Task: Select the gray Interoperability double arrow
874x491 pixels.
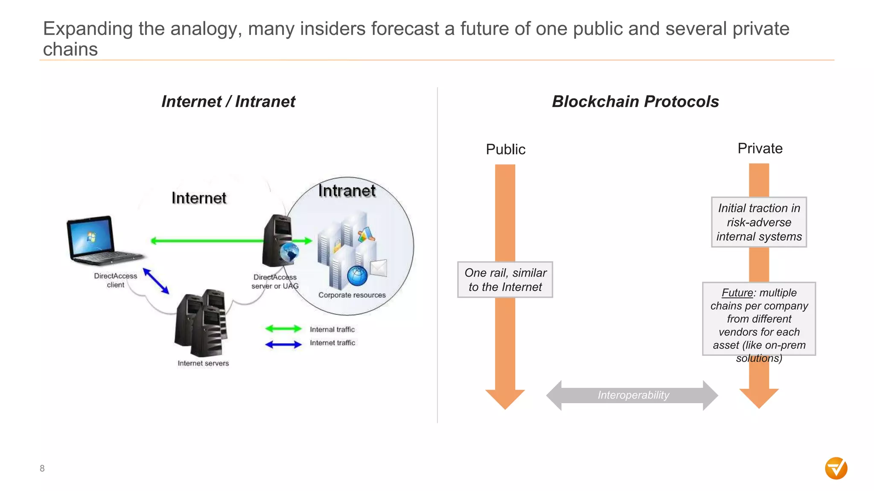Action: (632, 395)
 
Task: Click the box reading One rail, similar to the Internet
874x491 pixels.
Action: (505, 280)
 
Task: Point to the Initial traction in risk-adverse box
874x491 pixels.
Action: (759, 222)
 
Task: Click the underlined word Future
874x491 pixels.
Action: (737, 293)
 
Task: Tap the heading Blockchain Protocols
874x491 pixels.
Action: (635, 101)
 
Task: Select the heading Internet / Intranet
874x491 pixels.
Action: (228, 101)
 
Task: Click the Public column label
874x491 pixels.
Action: (505, 149)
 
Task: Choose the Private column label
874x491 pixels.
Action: (760, 148)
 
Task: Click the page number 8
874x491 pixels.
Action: (42, 468)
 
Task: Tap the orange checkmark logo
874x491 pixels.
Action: (836, 468)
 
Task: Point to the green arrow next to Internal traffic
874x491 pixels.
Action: (283, 329)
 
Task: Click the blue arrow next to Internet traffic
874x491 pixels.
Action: (283, 344)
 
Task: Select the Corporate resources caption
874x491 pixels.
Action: (352, 295)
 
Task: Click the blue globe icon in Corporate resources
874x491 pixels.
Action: (357, 276)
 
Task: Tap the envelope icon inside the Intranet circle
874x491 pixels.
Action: (378, 268)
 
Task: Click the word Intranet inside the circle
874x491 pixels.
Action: (347, 191)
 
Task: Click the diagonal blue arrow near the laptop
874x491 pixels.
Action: (156, 281)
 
